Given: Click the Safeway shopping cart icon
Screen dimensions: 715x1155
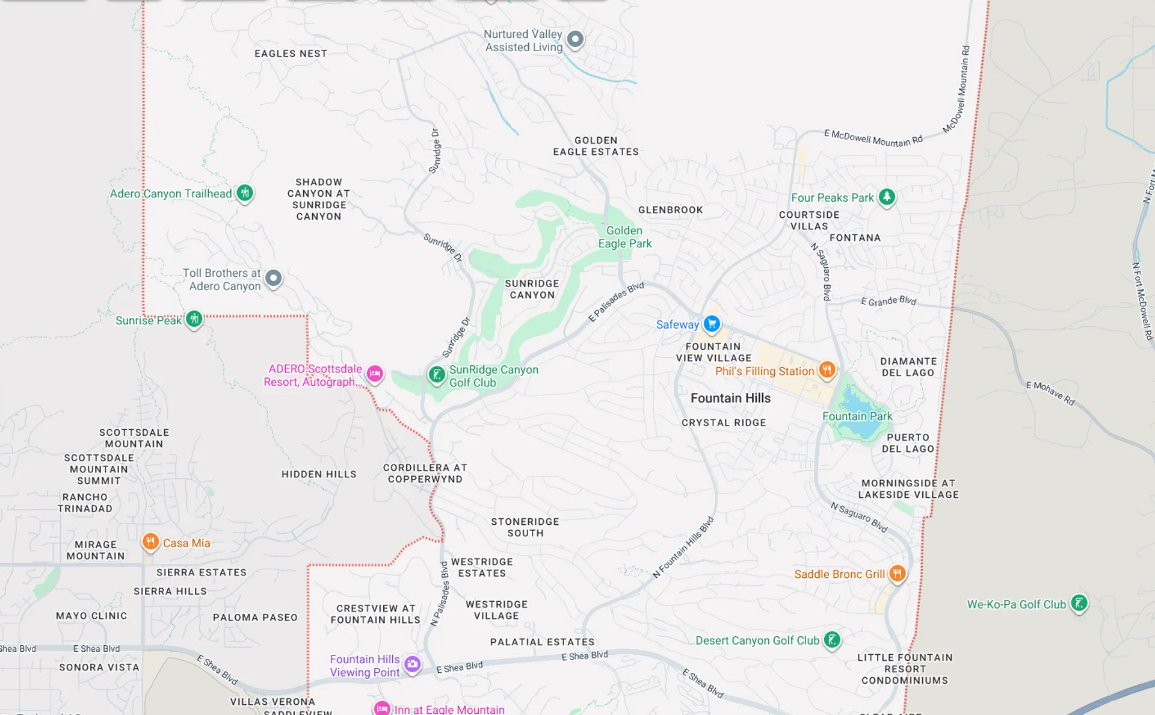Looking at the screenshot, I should [712, 324].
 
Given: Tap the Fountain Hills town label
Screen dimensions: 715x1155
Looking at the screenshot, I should [730, 398].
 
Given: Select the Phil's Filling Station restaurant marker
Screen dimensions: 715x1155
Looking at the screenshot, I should [827, 370].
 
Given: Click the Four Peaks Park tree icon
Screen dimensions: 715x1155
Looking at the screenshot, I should [887, 197].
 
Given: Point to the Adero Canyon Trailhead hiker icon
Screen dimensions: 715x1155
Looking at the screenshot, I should [244, 193].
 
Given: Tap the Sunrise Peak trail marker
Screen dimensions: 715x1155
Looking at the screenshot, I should [194, 319].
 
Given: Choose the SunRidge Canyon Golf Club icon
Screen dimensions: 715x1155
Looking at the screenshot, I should [437, 375].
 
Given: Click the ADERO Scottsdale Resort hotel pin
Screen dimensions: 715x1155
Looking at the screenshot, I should [375, 374].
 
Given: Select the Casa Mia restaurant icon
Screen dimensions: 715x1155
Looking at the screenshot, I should [150, 542].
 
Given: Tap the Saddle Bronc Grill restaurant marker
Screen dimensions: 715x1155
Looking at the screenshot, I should [897, 574].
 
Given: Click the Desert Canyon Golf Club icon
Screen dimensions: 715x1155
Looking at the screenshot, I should [832, 640].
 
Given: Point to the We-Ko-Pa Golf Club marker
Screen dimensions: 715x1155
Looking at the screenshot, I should [1079, 603].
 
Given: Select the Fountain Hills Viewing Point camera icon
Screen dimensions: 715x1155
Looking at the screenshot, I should [412, 664].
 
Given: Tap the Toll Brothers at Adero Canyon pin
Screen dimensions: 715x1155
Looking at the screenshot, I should [274, 278].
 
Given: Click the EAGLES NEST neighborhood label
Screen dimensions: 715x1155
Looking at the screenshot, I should [291, 54].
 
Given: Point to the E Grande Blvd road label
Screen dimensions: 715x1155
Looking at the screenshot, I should [888, 301].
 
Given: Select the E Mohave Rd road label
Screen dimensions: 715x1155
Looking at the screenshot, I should [1050, 393].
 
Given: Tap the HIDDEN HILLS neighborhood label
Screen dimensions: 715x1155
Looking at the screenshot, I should [319, 474].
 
